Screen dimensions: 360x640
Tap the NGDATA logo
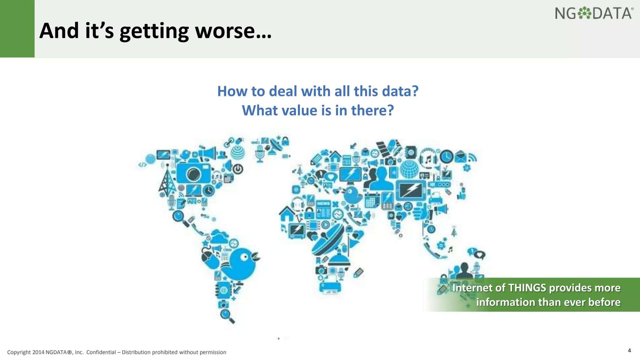click(x=594, y=13)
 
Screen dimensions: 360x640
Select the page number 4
click(x=629, y=350)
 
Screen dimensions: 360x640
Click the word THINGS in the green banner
click(x=527, y=288)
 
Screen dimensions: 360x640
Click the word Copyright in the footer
click(x=19, y=352)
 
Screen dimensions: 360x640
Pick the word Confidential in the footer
click(x=101, y=352)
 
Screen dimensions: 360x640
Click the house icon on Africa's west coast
click(x=287, y=214)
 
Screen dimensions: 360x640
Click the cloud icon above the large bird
click(x=220, y=237)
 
